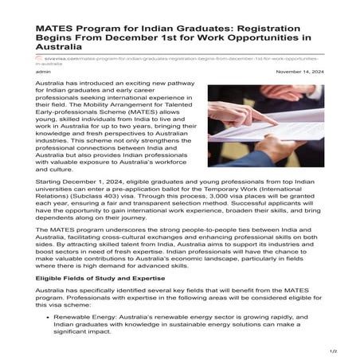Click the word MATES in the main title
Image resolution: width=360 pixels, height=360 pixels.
pos(57,27)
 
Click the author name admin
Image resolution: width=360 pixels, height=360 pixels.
pos(44,71)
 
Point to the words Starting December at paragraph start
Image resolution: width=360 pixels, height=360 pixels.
pos(61,183)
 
